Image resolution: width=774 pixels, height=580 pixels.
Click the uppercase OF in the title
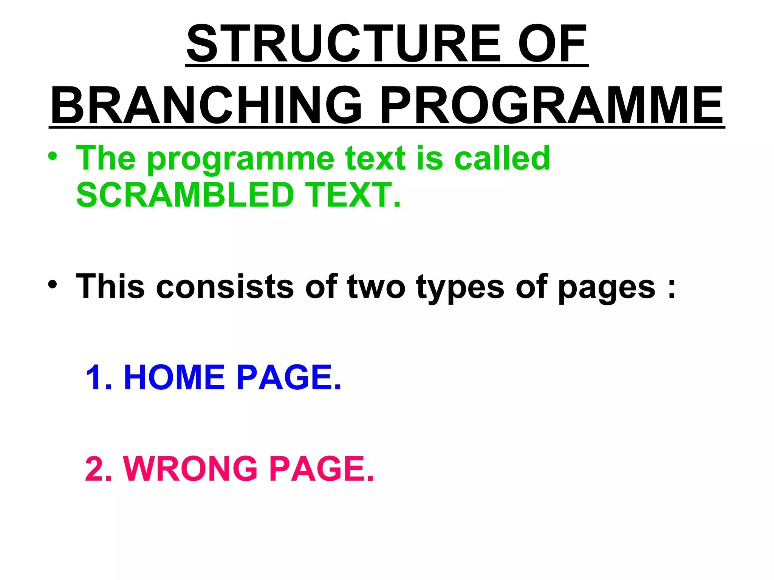click(552, 44)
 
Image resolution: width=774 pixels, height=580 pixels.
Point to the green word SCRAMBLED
click(185, 195)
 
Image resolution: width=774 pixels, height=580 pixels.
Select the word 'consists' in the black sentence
click(225, 287)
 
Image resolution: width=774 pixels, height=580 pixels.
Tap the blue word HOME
click(174, 377)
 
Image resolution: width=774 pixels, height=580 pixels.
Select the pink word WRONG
click(190, 469)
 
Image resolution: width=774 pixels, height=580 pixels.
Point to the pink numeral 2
click(94, 469)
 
